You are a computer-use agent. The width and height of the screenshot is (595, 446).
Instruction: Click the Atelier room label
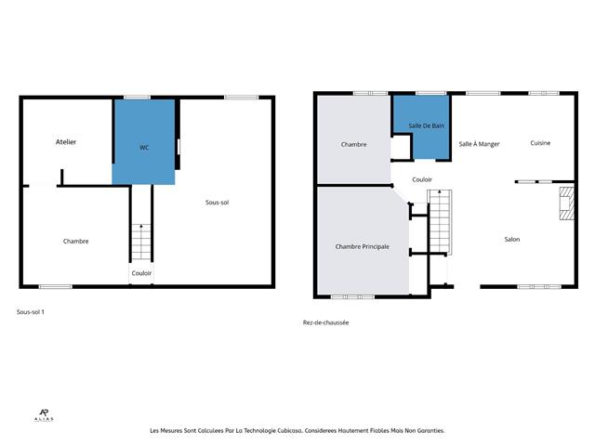66,142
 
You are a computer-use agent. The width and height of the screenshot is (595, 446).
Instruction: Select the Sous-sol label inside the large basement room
218,202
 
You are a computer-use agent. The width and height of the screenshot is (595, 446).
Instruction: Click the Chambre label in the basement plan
75,242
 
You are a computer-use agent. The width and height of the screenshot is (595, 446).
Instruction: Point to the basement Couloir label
141,273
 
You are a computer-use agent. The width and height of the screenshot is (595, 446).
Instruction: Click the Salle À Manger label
479,144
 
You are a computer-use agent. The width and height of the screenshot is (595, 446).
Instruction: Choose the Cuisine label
540,143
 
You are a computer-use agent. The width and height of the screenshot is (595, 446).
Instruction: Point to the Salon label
511,240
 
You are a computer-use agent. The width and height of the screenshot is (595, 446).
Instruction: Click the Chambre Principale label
362,246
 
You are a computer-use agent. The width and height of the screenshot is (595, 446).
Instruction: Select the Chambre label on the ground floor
353,144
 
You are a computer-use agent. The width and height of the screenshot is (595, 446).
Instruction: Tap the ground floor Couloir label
422,179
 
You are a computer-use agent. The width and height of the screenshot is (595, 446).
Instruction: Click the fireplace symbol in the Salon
563,205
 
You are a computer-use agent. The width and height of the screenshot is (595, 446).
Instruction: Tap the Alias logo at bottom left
43,416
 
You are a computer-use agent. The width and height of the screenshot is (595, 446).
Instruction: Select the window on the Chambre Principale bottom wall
352,296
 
